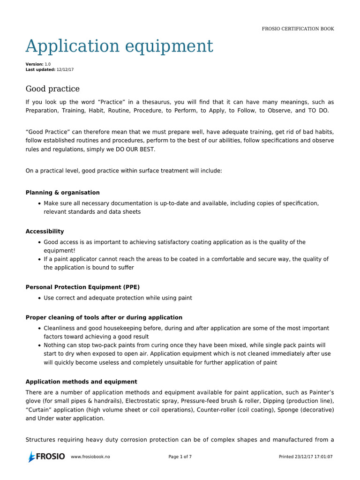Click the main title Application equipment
click(x=119, y=46)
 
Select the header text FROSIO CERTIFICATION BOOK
click(x=298, y=29)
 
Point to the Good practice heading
click(x=52, y=89)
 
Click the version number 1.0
click(x=48, y=64)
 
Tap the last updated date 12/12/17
click(x=65, y=69)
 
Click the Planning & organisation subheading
click(x=62, y=193)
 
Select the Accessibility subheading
click(x=45, y=232)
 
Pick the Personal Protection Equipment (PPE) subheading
click(x=82, y=287)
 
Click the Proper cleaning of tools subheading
click(x=104, y=318)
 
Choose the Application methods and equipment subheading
click(x=81, y=382)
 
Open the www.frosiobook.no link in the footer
click(x=90, y=457)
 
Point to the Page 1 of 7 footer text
click(x=180, y=457)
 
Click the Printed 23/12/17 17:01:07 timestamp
click(x=306, y=457)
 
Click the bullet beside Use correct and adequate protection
click(x=38, y=298)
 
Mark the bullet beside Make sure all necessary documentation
click(x=38, y=203)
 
